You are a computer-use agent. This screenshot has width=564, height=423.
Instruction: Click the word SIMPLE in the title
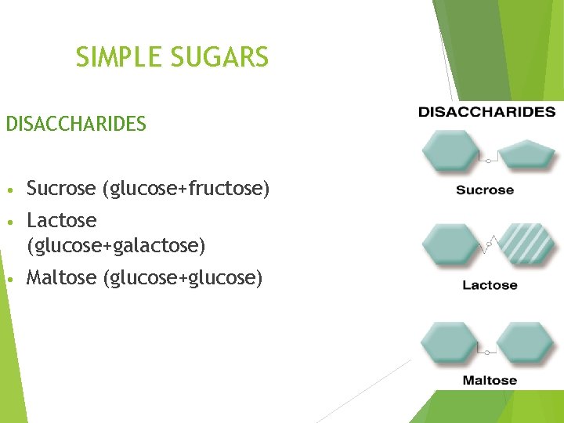(116, 57)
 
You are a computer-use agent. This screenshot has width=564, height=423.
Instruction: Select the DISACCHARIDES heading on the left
(76, 125)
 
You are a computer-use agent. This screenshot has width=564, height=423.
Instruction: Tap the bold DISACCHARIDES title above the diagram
(486, 112)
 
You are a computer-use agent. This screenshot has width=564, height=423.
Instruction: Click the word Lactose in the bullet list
(61, 221)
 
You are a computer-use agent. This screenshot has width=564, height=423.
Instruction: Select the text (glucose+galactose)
(116, 247)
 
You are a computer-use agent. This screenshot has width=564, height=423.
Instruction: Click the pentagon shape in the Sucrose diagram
(528, 154)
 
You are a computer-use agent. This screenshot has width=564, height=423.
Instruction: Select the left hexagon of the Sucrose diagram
(450, 151)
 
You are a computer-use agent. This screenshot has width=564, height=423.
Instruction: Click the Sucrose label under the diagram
(485, 190)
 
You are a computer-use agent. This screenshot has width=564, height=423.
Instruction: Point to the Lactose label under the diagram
(490, 285)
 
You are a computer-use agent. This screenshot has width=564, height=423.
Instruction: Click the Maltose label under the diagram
(490, 381)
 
